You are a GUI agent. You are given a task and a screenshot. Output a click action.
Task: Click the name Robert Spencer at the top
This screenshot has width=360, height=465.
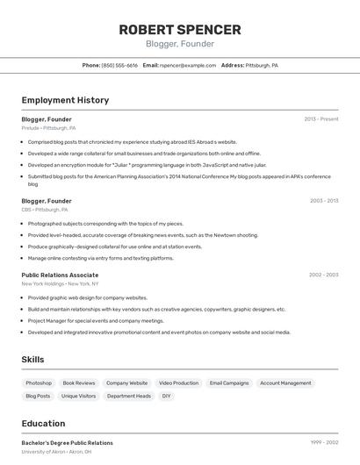[180, 29]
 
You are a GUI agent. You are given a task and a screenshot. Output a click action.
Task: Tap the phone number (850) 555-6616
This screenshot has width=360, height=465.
[119, 65]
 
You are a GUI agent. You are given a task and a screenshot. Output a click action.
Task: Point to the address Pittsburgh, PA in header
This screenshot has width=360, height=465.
[262, 65]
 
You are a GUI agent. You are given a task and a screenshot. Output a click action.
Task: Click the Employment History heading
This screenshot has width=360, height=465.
[65, 100]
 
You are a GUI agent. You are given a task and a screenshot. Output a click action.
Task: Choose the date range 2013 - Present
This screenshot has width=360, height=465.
[321, 118]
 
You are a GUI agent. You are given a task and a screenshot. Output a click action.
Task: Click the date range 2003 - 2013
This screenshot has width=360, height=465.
[324, 201]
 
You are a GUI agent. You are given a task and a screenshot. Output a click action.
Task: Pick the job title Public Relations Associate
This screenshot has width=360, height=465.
[60, 275]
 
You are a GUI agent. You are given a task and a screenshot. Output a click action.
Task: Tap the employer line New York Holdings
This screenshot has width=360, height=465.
[60, 283]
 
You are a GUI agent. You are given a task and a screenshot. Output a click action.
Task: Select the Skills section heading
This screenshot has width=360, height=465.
[32, 359]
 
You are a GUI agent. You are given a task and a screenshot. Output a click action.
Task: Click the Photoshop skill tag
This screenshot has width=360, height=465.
[39, 383]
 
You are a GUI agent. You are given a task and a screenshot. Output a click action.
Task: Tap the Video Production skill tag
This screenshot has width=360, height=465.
[178, 383]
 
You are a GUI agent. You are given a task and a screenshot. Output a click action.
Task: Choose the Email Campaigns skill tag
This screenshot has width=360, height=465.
[229, 383]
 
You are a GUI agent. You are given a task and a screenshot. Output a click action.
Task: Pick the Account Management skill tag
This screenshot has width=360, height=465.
[285, 383]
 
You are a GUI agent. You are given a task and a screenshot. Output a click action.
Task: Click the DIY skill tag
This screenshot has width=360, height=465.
[166, 396]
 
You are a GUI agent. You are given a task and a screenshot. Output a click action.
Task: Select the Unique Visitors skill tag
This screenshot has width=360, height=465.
[79, 396]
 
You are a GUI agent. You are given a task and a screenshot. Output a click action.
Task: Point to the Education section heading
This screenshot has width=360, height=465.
[43, 423]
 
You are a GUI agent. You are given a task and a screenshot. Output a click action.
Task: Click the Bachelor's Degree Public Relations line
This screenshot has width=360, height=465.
[68, 443]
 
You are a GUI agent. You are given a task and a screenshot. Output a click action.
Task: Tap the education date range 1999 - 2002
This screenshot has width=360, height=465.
[324, 443]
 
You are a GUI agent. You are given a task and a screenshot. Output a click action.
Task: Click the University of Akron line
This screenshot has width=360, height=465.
[56, 452]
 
